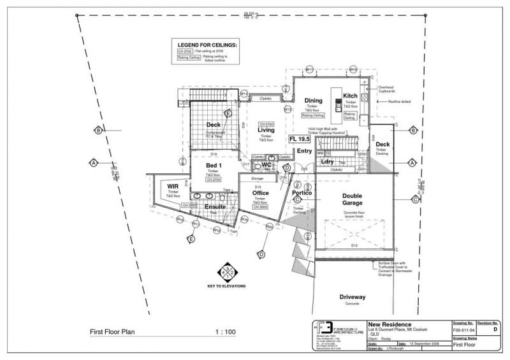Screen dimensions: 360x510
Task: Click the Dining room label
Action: [313, 101]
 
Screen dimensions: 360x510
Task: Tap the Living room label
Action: [266, 130]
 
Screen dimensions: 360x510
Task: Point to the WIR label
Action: [173, 186]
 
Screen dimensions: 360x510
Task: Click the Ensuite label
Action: [215, 206]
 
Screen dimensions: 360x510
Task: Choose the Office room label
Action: [260, 192]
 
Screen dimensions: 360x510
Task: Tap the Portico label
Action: [302, 192]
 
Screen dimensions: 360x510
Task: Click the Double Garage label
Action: [352, 199]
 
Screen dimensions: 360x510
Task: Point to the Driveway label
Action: [352, 297]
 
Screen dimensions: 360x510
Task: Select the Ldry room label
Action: [328, 162]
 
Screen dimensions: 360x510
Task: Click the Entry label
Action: [304, 151]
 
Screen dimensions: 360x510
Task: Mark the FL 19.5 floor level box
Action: [299, 138]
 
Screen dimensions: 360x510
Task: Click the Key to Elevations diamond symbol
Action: [226, 271]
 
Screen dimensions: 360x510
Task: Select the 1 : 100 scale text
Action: [226, 331]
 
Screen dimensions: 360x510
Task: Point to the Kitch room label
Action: [350, 96]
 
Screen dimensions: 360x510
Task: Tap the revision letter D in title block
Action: [495, 331]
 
